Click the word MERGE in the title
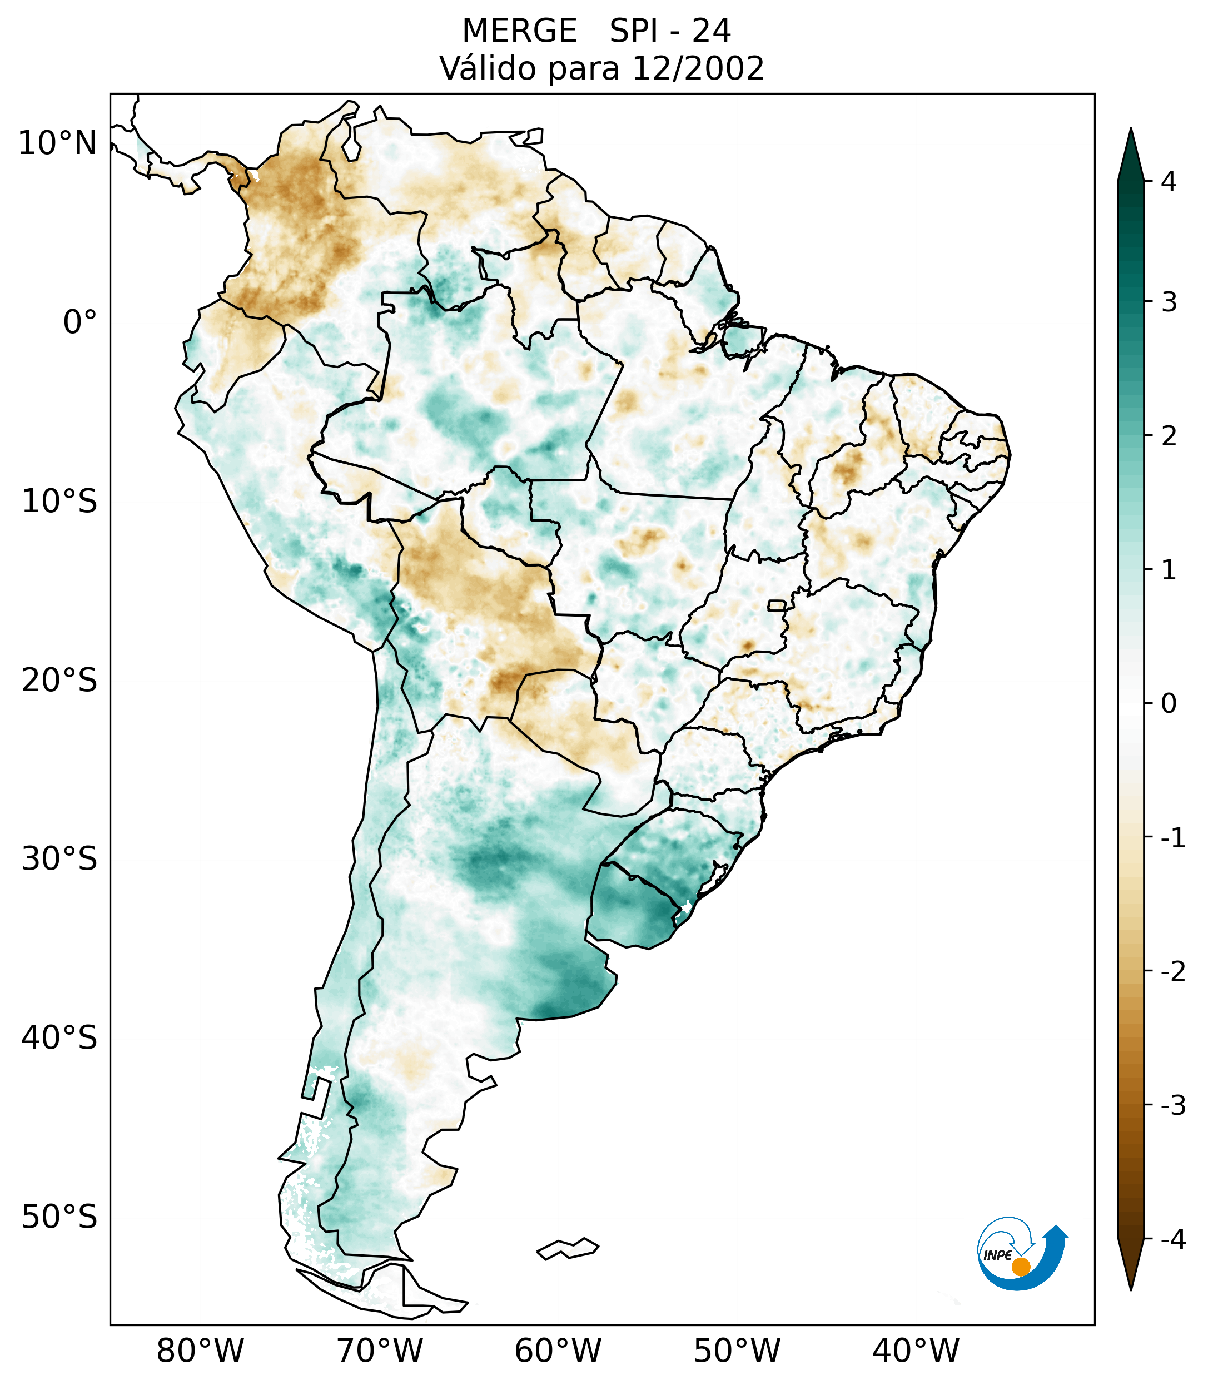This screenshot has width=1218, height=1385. tap(519, 31)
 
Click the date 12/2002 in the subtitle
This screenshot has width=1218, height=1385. tap(698, 68)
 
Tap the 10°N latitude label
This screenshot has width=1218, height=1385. tap(58, 143)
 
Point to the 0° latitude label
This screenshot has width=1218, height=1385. tap(80, 322)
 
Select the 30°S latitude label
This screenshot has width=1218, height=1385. tap(59, 859)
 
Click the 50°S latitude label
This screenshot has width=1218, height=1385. tap(59, 1217)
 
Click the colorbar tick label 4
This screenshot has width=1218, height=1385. tap(1169, 182)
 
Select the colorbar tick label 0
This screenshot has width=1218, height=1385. tap(1169, 704)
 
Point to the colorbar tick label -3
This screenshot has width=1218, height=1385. tap(1172, 1105)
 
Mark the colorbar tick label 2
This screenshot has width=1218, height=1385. tap(1169, 436)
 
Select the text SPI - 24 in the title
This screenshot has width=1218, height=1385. tap(670, 31)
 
